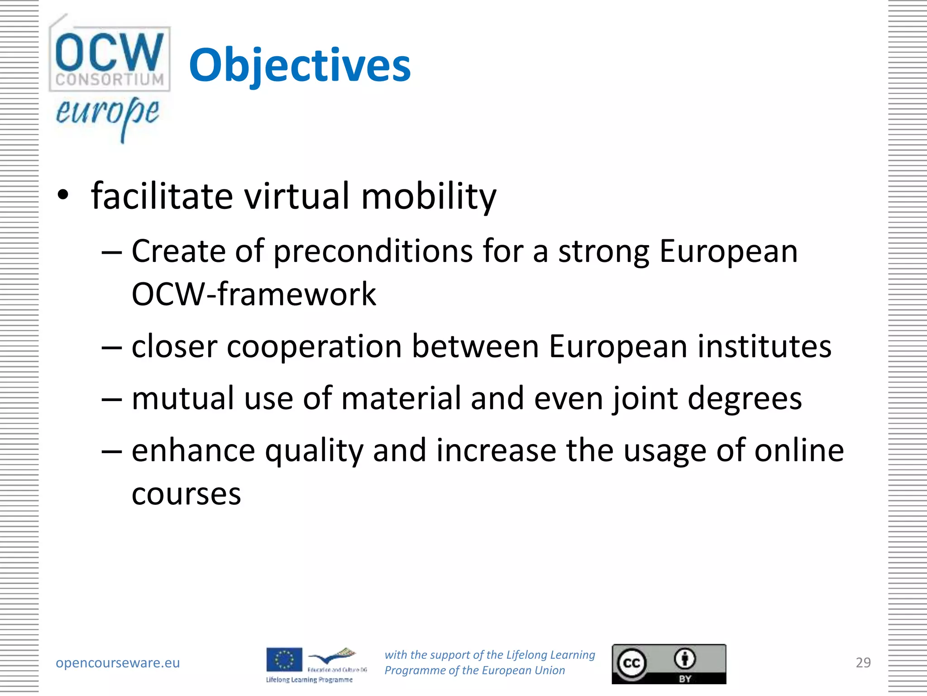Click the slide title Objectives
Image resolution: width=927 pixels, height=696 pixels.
point(300,66)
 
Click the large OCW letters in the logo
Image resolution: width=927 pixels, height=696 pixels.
point(109,51)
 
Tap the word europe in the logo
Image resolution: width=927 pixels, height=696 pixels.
point(107,113)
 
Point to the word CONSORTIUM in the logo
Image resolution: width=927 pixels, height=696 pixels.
point(110,80)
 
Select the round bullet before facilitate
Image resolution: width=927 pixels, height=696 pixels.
point(63,195)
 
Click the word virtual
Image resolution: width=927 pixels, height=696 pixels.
point(297,196)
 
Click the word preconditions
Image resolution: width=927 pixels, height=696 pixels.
point(373,252)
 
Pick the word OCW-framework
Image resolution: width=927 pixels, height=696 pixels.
point(253,295)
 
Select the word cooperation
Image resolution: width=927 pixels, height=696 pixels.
point(314,347)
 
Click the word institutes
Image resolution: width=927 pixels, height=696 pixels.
point(764,347)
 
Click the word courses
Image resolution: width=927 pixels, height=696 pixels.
point(186,494)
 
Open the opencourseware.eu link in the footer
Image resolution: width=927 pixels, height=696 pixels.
point(118,663)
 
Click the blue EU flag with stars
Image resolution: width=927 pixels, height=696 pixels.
point(284,660)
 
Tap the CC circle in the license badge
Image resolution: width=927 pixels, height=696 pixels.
point(631,663)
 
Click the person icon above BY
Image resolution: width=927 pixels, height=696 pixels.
point(685,658)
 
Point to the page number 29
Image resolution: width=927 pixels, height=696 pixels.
point(863,663)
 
